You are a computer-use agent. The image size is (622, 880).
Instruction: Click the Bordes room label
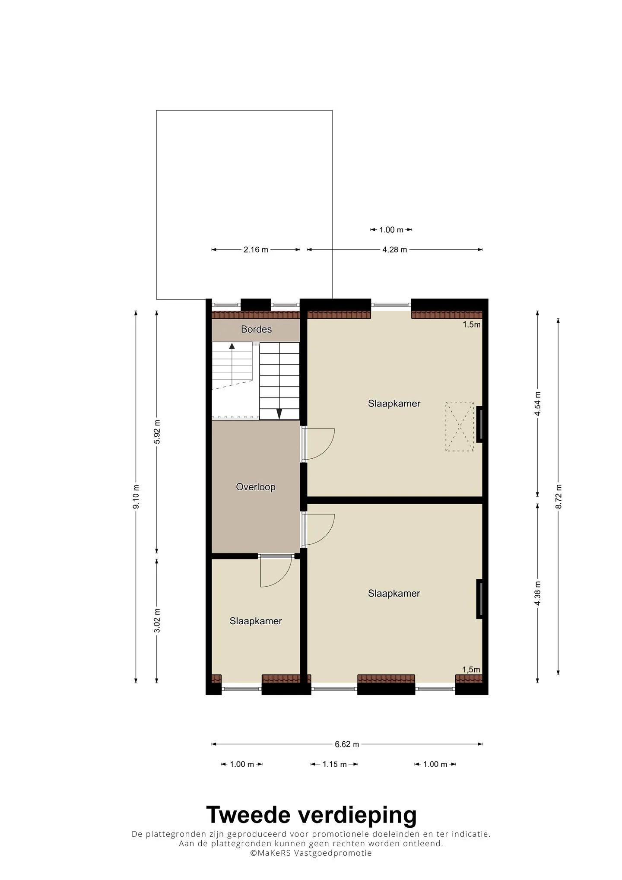[256, 329]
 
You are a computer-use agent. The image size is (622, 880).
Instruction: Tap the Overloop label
[256, 487]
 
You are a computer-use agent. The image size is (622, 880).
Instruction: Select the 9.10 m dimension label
[136, 496]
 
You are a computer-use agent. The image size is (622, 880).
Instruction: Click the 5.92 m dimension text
[157, 432]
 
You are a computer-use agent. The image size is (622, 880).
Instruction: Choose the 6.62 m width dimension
[347, 744]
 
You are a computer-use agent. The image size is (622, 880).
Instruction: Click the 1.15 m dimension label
[334, 764]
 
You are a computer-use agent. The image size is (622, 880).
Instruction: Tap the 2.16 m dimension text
[256, 250]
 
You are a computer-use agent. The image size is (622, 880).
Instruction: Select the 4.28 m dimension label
[395, 250]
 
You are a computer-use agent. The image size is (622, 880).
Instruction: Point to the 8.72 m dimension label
[559, 496]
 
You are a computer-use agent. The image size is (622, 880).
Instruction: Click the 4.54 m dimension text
[538, 404]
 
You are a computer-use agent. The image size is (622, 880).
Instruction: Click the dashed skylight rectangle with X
[460, 427]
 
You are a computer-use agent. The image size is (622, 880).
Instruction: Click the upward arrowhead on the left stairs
[232, 346]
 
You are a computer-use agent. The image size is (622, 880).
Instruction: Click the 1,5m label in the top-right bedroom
[472, 325]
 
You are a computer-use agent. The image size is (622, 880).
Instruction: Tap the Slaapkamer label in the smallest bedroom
[256, 621]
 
